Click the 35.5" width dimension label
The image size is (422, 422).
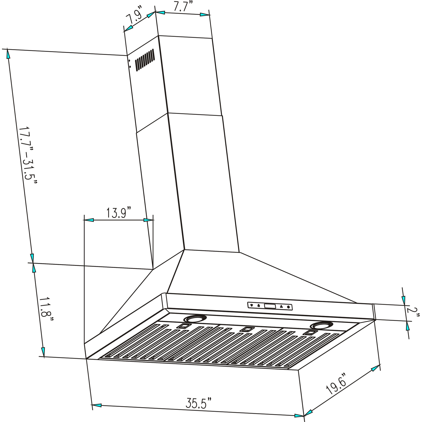pos(198,403)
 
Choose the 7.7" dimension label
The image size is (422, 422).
pos(183,6)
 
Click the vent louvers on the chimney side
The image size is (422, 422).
pos(145,59)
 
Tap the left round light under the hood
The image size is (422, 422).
pos(193,319)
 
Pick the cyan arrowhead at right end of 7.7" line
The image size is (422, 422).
pos(205,14)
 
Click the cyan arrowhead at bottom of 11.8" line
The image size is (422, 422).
pos(43,351)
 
